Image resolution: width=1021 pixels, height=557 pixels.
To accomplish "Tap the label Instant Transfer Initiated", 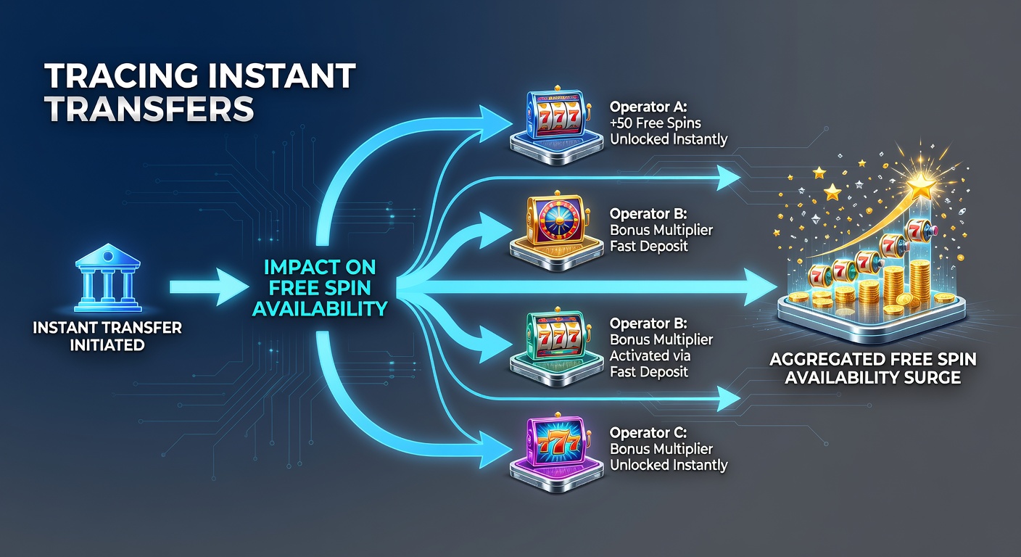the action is pos(107,336).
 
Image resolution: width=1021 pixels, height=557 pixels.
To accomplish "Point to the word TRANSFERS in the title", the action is pos(149,109).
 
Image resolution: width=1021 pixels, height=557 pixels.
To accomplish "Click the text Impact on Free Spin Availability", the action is pos(320,288).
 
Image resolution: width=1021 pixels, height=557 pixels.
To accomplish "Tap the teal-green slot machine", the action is pos(557,347).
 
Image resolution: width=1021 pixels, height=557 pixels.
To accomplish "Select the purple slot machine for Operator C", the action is pos(557,452).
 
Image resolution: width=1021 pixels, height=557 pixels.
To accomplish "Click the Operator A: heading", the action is pos(648,107).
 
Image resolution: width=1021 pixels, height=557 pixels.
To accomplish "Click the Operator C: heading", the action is pos(648,432).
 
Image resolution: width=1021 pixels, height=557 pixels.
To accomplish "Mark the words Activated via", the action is pos(650,355).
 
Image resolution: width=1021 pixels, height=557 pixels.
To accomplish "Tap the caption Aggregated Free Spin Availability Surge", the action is pos(873,368).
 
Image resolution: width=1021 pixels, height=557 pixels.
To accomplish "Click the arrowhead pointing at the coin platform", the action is pos(761,286).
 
